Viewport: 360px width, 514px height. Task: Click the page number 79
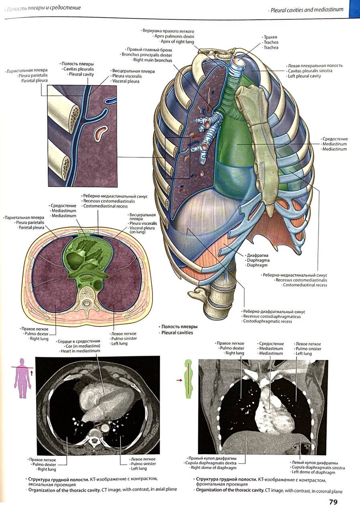click(333, 502)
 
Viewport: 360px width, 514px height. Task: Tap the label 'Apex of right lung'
click(177, 42)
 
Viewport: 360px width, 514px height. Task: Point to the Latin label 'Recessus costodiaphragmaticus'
click(272, 316)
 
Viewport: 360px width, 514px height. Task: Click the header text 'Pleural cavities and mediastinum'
click(307, 9)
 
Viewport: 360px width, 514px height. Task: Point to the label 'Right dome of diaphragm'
click(213, 468)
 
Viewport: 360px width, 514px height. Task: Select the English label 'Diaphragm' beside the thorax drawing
click(258, 265)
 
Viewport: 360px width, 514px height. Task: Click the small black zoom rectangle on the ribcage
click(177, 157)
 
